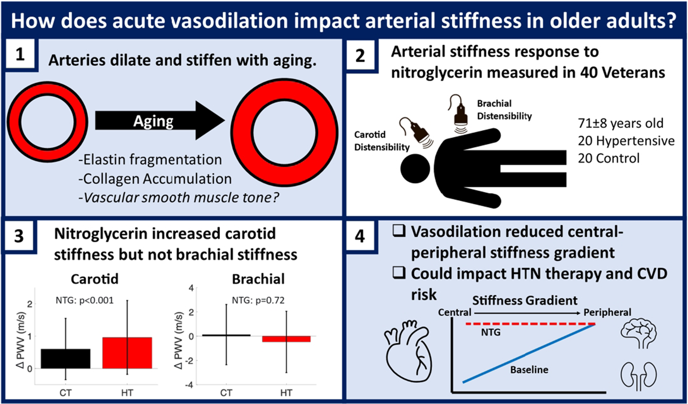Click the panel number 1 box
(20, 54)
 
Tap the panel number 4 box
(360, 236)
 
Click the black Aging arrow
(160, 121)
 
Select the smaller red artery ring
(47, 122)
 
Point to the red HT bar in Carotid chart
(127, 353)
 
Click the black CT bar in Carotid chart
(66, 358)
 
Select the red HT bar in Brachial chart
(286, 339)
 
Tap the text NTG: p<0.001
(85, 300)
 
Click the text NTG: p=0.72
(258, 300)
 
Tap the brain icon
(639, 333)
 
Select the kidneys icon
(639, 376)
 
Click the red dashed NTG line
(531, 324)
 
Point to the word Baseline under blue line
(529, 369)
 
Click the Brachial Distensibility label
(504, 110)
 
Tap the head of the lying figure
(415, 169)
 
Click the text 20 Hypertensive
(626, 141)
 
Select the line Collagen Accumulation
(155, 179)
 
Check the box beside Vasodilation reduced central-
(399, 231)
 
